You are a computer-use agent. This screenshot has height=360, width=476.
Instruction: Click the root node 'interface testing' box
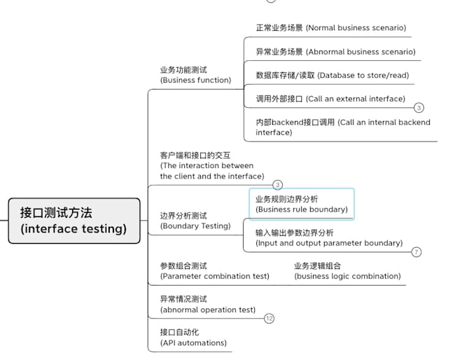point(74,221)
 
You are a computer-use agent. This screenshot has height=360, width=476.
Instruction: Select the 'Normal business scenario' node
point(330,28)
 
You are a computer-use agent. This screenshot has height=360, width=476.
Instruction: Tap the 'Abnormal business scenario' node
point(335,52)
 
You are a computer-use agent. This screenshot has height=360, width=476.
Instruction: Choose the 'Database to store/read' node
point(332,75)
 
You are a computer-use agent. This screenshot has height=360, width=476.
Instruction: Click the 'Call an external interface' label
point(330,99)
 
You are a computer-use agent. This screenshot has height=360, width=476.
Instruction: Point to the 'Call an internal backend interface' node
point(342,127)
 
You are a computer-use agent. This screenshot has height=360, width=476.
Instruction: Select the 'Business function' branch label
point(195,75)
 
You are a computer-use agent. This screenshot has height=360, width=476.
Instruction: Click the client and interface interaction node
point(211,166)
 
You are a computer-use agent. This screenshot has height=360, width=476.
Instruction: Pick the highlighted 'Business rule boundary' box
point(302,204)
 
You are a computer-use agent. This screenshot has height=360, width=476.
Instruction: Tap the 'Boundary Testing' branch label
point(195,221)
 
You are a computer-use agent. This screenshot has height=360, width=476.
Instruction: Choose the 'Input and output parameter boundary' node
point(328,237)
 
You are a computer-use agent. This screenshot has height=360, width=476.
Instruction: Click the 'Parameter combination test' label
point(214,271)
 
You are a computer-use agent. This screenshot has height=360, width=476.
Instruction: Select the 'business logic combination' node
point(347,271)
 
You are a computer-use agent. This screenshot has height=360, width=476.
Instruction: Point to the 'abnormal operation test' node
point(207,304)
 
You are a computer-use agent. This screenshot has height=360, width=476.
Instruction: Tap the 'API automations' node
point(193,338)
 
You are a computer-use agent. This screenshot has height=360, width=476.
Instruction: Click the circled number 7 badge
point(416,252)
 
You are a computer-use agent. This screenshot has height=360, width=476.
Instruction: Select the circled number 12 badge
point(269,319)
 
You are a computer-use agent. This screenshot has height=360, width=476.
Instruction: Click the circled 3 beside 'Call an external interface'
point(419,108)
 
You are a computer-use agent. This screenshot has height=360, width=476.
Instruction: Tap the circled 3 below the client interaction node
point(277,185)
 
